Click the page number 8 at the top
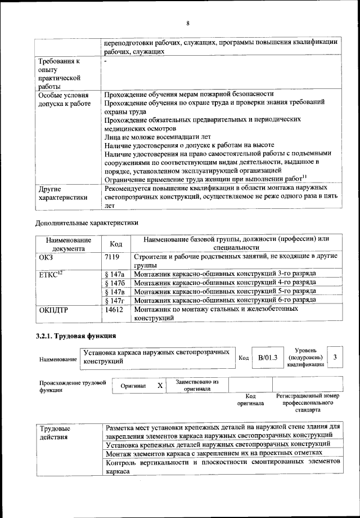(188, 23)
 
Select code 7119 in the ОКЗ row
(113, 257)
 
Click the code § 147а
(115, 273)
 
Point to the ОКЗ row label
(46, 257)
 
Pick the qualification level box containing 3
(335, 357)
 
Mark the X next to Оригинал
(160, 385)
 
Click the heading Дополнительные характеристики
(87, 222)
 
